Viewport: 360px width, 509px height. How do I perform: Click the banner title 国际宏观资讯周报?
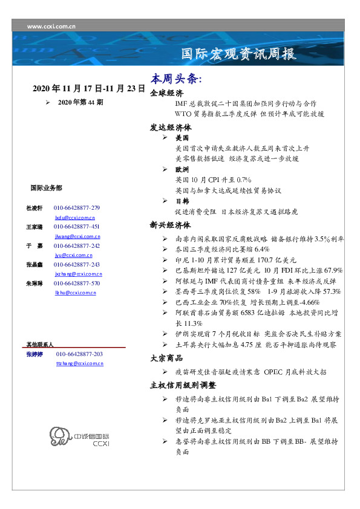(239, 54)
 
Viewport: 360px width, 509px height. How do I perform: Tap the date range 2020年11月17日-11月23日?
(89, 88)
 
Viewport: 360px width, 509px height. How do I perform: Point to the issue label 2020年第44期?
(80, 103)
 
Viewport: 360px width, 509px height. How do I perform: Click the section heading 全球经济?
(166, 94)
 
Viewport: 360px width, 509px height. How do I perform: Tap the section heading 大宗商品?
(166, 358)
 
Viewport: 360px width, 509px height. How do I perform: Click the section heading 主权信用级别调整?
(183, 385)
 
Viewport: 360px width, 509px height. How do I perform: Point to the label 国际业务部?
(46, 188)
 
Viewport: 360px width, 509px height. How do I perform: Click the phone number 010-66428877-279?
(76, 208)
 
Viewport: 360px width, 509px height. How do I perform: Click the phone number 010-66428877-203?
(79, 354)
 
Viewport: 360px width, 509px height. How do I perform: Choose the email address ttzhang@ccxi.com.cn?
(80, 363)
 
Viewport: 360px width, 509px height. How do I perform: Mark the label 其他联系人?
(40, 344)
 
